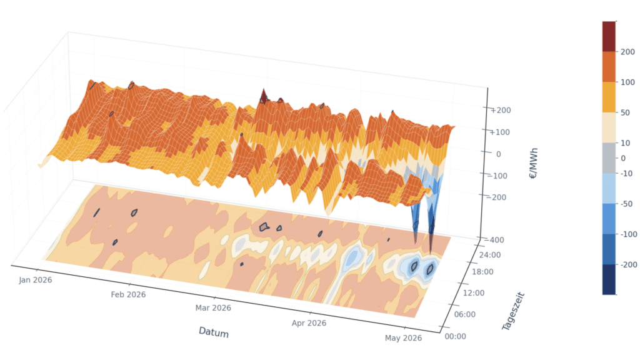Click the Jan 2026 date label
coord(36,280)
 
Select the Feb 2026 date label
coord(128,295)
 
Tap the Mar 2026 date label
coord(213,307)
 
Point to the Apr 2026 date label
coord(309,323)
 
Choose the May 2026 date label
coord(403,338)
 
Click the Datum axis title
coord(214,332)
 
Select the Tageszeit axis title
coord(514,311)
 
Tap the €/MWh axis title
coord(534,163)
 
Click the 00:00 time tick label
coord(455,336)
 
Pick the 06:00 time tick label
coord(465,314)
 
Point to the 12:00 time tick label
coord(474,292)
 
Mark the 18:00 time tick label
coord(482,272)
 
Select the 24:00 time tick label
coord(490,255)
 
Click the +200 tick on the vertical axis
coord(501,110)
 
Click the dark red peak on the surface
coord(264,97)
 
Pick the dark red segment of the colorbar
coord(609,36)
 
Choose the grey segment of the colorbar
coord(609,158)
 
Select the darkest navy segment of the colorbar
coord(609,279)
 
